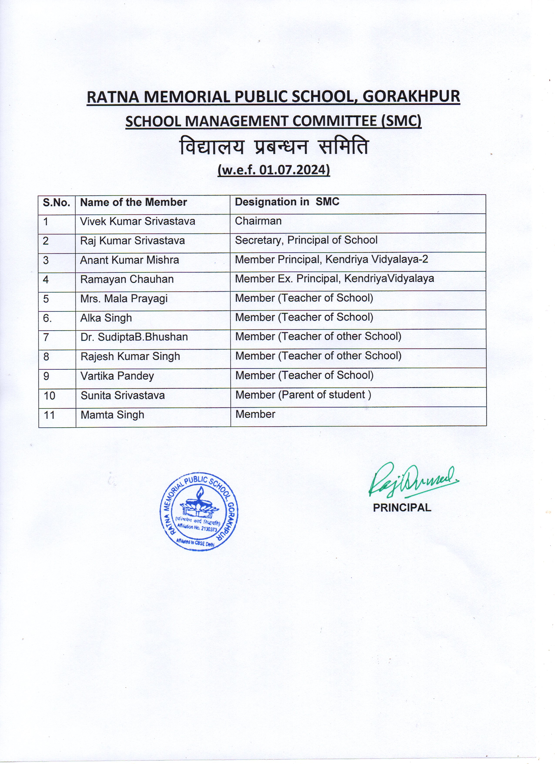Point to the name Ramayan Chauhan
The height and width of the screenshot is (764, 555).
127,279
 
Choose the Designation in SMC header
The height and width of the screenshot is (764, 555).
287,202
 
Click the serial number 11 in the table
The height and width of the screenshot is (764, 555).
49,415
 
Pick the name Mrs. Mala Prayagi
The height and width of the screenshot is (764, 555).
124,299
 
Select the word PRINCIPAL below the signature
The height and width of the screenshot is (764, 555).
402,508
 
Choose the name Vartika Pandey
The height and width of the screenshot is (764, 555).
117,376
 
